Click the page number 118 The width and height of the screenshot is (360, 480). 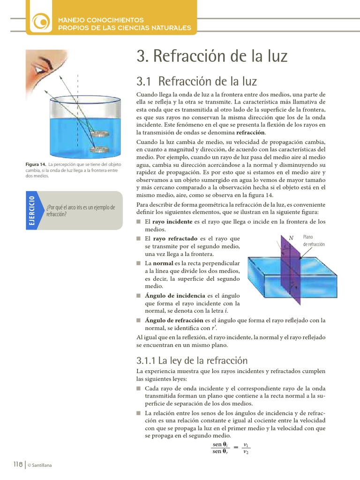click(x=17, y=464)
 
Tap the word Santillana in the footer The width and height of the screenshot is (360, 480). click(x=42, y=465)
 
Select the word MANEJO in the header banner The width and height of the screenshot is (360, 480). click(x=71, y=20)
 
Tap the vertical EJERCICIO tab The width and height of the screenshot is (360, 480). click(x=32, y=210)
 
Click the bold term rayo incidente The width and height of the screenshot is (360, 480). click(x=172, y=222)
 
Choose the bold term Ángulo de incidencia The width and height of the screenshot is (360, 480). click(x=175, y=296)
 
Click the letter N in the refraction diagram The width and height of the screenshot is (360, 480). click(x=291, y=238)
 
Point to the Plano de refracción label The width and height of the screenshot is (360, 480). click(x=314, y=241)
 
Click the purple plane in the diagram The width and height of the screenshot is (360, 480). click(x=291, y=272)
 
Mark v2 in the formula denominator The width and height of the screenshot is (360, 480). click(x=246, y=452)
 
